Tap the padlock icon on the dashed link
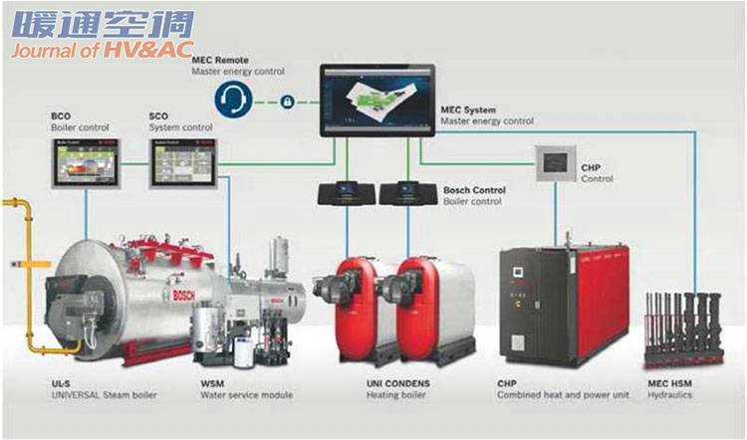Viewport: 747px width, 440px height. pos(288,102)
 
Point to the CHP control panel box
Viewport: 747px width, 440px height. pos(555,163)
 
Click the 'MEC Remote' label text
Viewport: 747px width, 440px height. pos(220,61)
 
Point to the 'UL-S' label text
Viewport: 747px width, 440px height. pos(63,382)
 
